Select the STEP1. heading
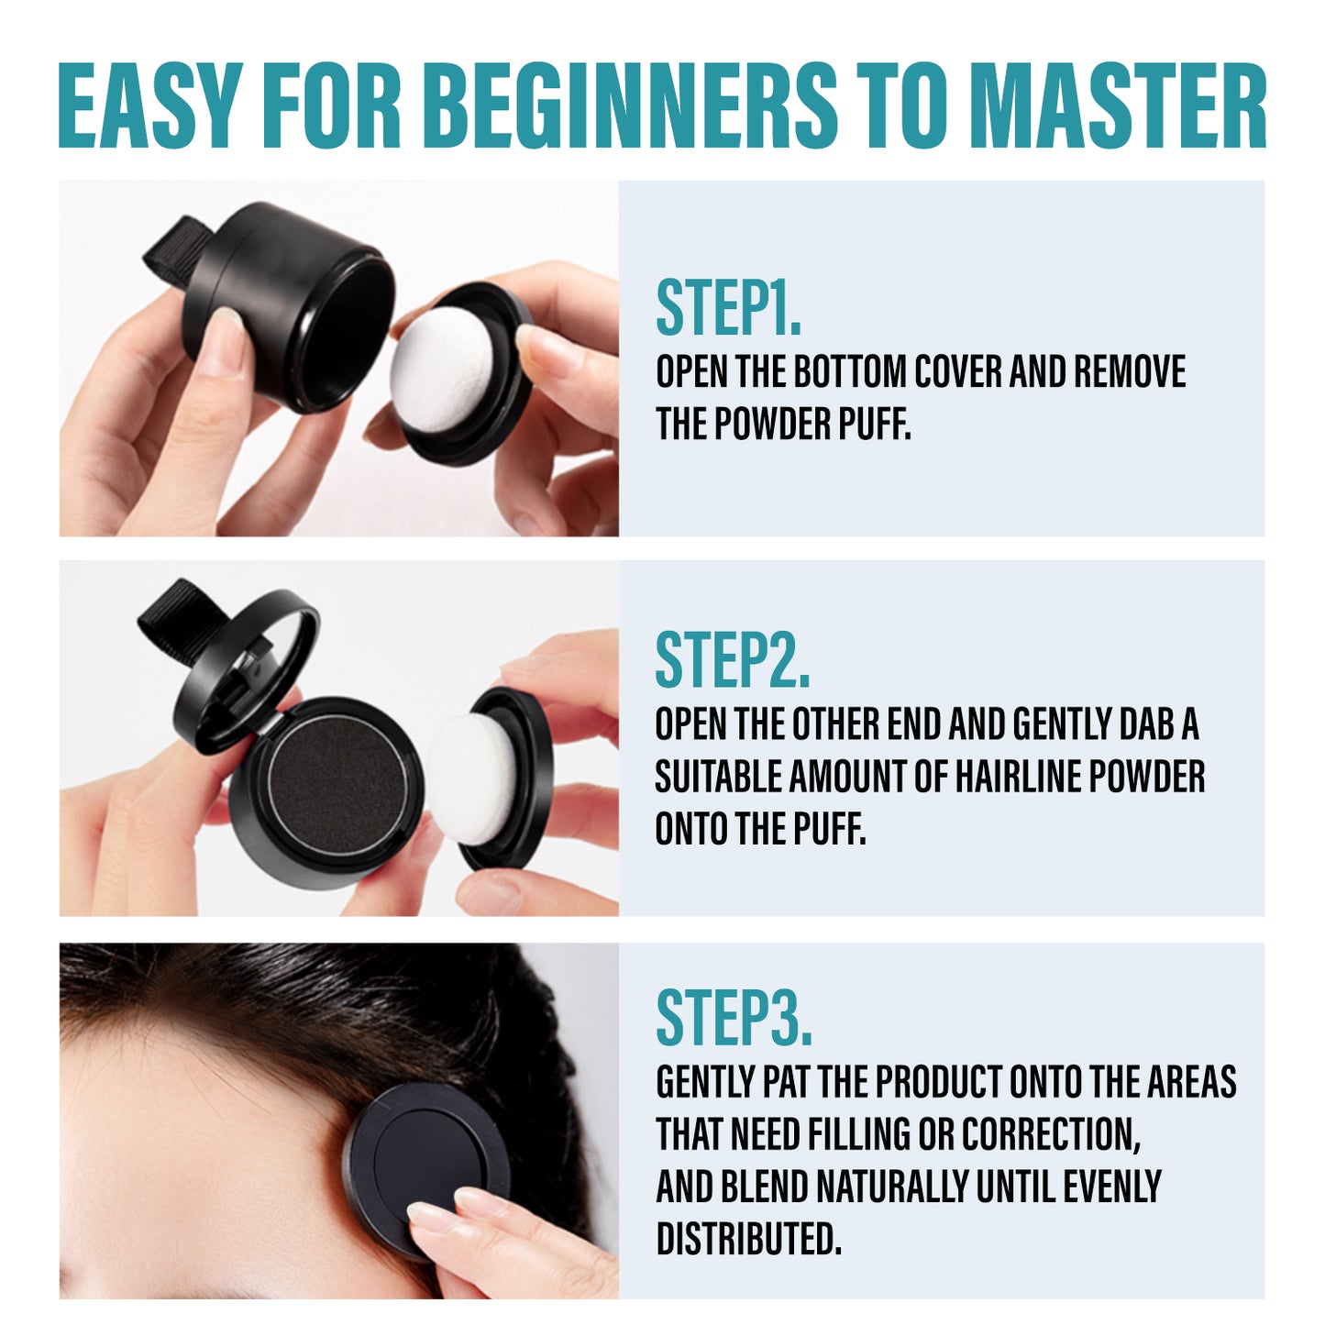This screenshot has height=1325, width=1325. click(x=728, y=308)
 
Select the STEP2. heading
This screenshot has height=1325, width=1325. click(x=732, y=660)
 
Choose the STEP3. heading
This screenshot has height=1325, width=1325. click(x=734, y=1018)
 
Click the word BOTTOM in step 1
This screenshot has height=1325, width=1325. click(x=849, y=372)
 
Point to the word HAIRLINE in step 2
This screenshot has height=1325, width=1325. click(x=1019, y=778)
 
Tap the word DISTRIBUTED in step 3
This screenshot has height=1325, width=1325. click(x=747, y=1239)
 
